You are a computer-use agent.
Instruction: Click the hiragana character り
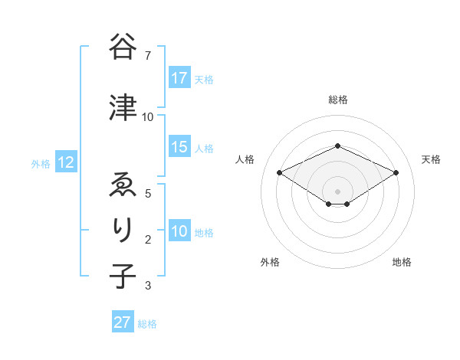coord(123,230)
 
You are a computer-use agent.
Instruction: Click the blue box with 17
coord(179,78)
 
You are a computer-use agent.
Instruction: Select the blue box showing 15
coord(179,147)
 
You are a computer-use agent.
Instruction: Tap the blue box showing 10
coord(179,231)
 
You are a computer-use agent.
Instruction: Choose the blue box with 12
coord(66,162)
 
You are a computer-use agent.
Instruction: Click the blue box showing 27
coord(123,322)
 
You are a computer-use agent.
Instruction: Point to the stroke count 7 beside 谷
coord(147,55)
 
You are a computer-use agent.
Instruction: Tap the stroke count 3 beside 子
coord(147,286)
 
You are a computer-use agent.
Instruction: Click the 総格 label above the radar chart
coord(337,100)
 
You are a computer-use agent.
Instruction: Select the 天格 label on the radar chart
coord(431,159)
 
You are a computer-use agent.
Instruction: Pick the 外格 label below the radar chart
coord(270,262)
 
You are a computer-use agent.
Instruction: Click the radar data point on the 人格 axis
coord(280,172)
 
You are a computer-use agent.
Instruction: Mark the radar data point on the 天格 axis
coord(396,172)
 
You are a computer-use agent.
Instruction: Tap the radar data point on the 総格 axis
coord(337,146)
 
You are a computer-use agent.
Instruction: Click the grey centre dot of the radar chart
coord(337,191)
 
